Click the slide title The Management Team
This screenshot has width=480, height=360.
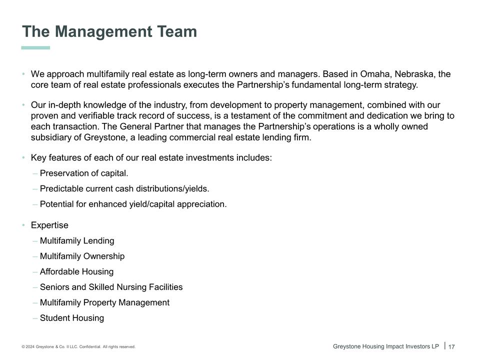(109, 31)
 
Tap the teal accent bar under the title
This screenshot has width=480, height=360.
(35, 48)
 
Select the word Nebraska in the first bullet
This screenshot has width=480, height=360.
(414, 74)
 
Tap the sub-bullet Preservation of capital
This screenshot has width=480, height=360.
(83, 173)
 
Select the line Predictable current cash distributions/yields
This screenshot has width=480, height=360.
(124, 189)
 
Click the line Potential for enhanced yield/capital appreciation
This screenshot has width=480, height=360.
(133, 204)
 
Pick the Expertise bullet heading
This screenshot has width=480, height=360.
(49, 225)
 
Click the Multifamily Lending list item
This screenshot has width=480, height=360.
(77, 240)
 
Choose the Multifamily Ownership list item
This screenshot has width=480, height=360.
(82, 256)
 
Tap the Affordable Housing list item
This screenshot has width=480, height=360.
(76, 271)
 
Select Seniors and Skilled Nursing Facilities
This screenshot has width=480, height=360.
(111, 287)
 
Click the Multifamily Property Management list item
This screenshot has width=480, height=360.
(104, 302)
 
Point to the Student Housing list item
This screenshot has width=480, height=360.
(72, 318)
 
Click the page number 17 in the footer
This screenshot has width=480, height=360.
(451, 347)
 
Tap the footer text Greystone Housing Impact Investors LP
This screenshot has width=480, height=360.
(385, 346)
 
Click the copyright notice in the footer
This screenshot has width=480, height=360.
(78, 346)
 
